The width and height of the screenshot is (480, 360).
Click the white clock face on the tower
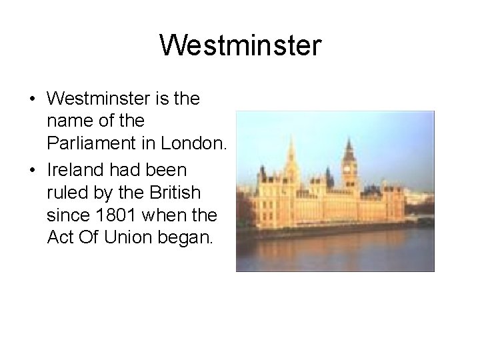point(347,166)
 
